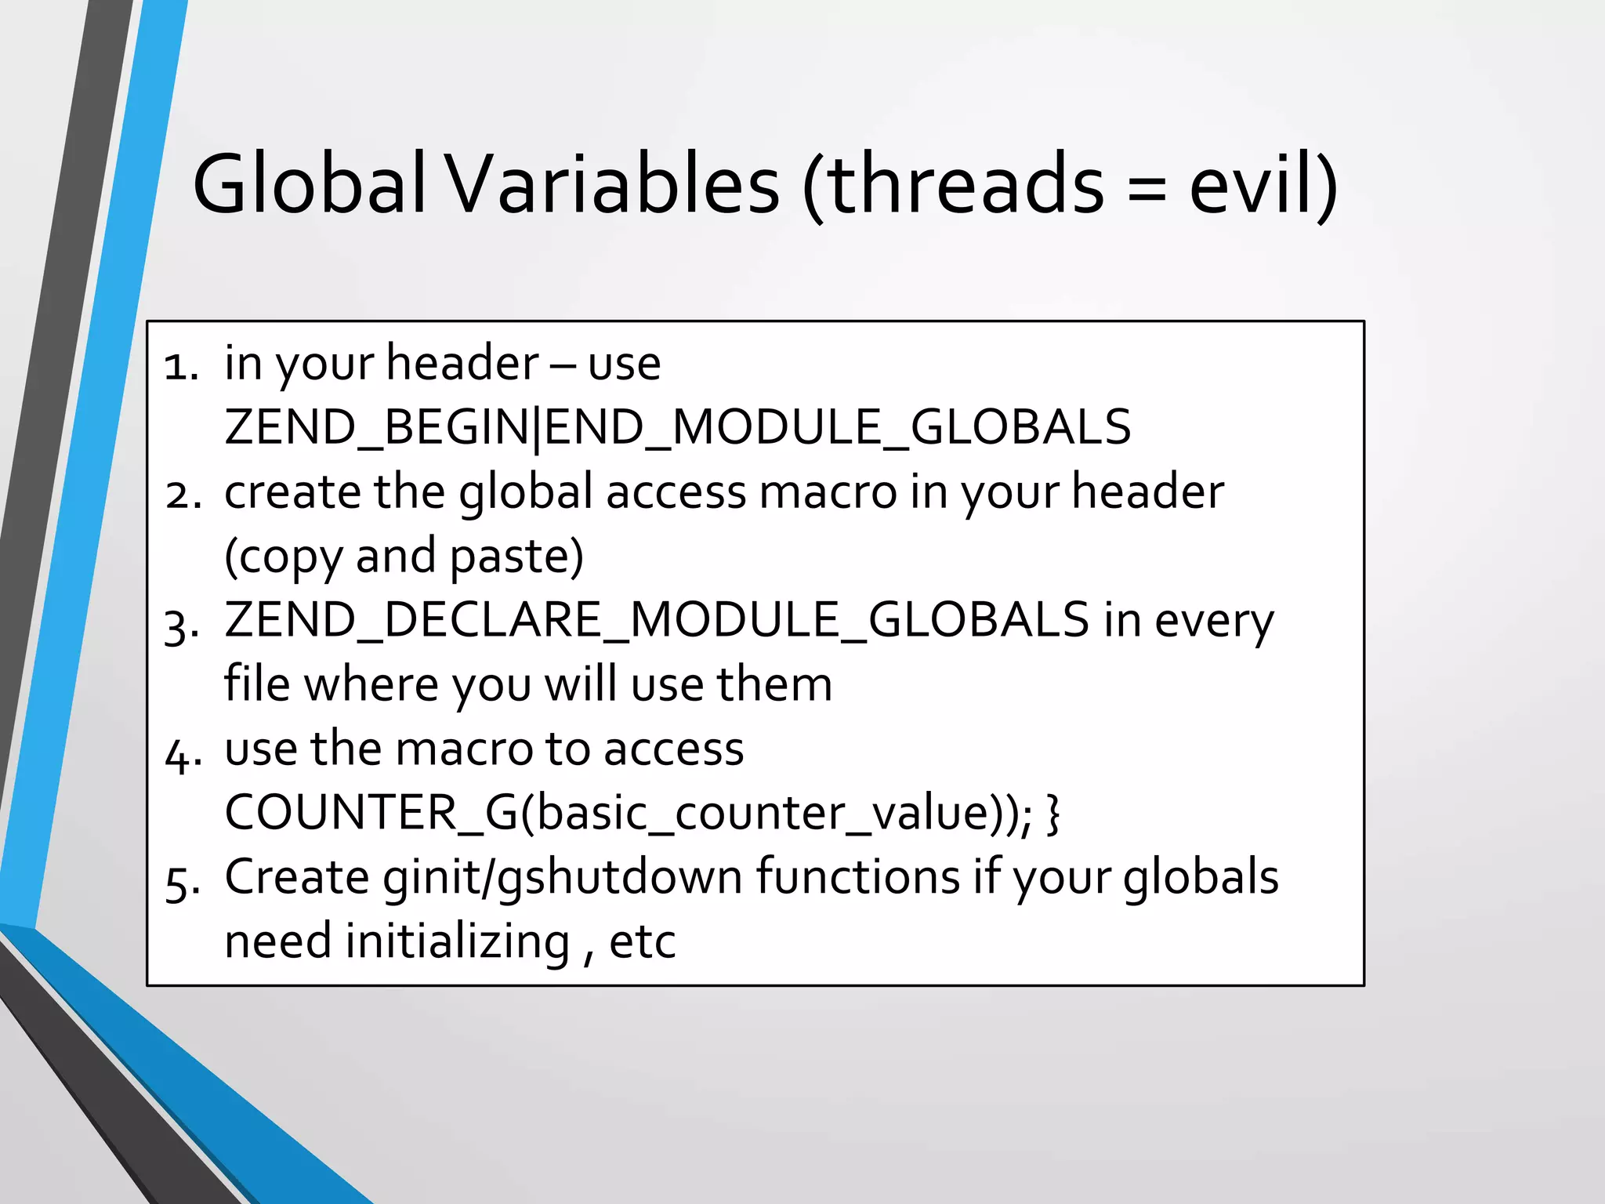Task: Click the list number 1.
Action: (x=181, y=366)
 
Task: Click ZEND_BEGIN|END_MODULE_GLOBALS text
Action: (x=678, y=427)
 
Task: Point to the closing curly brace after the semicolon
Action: (x=1052, y=814)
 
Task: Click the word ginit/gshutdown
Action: (x=563, y=878)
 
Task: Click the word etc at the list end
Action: (x=642, y=942)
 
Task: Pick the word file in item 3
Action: (x=257, y=684)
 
